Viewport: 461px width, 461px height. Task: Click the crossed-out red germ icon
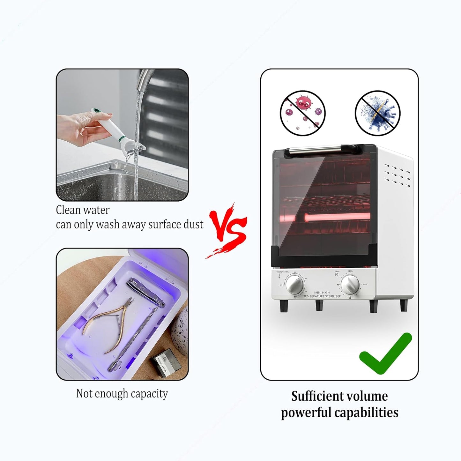[302, 113]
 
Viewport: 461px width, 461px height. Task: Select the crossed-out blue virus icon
[377, 113]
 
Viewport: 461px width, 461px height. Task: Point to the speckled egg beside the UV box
[180, 332]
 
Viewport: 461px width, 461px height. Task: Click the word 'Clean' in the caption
[68, 210]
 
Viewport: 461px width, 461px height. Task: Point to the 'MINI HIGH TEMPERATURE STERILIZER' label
[322, 294]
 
